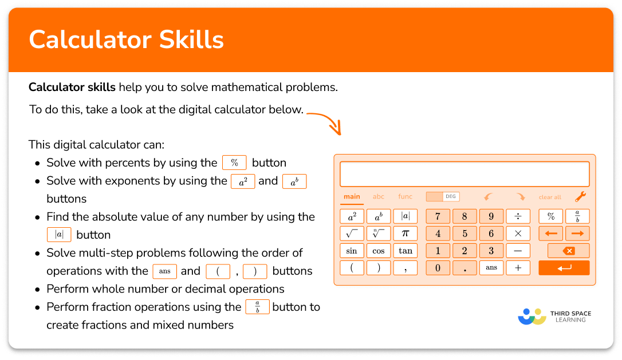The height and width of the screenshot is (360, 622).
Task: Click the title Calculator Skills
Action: pos(126,39)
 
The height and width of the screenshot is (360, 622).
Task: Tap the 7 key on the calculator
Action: pos(438,216)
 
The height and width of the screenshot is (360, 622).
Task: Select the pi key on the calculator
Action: pos(405,234)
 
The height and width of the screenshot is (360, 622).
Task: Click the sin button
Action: pos(352,251)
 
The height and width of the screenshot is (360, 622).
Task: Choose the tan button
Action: pos(405,251)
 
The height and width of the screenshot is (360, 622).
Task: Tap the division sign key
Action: pos(518,216)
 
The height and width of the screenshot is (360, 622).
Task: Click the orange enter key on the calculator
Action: pos(564,268)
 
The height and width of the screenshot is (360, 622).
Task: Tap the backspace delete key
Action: pos(568,251)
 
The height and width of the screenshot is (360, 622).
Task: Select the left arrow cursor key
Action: pos(551,234)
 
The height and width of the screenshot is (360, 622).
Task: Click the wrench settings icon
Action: pos(580,197)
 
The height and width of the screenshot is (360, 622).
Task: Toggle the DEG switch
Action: pos(442,197)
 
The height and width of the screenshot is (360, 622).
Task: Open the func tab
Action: pos(405,197)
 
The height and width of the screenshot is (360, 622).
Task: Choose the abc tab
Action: pos(379,197)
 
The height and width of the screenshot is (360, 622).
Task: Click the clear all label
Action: pos(550,197)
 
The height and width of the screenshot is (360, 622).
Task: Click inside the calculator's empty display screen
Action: pos(464,174)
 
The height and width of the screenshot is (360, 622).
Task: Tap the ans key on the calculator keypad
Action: pos(491,268)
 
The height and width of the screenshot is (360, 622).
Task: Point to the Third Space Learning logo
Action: pos(554,317)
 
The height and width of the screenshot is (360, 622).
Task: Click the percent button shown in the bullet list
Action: pos(234,163)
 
